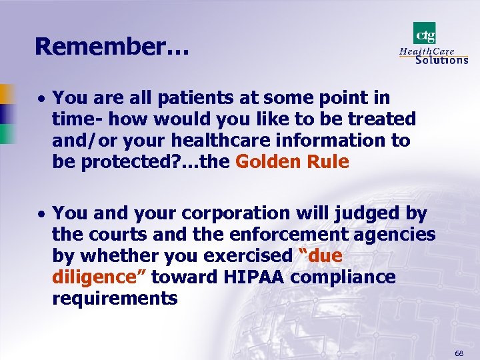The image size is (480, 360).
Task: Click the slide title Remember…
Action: [112, 46]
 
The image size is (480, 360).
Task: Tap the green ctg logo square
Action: [424, 33]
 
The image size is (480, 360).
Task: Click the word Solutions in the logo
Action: [441, 60]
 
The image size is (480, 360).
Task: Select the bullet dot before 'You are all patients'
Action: [41, 99]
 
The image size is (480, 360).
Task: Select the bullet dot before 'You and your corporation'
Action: [41, 215]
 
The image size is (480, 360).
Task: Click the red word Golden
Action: [267, 162]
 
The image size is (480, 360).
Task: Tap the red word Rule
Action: [326, 162]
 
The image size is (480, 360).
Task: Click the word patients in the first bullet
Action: [193, 98]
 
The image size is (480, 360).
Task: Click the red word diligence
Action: [99, 277]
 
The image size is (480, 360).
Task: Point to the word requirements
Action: [115, 299]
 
